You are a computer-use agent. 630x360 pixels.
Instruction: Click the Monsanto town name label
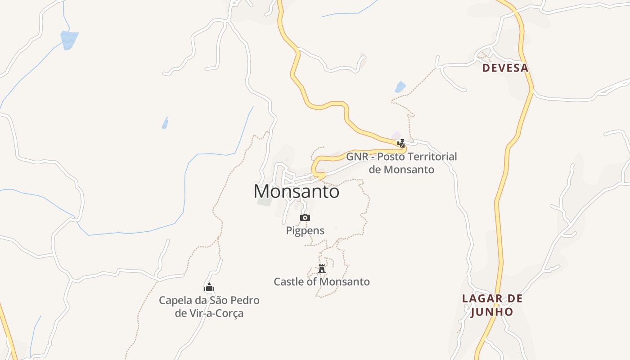pos(296,192)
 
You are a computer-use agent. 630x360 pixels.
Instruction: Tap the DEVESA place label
pos(505,68)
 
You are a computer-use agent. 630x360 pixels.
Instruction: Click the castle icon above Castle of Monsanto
pos(322,269)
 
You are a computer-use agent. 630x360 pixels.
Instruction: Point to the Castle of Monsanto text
pos(322,282)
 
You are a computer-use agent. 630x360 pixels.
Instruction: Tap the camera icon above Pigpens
pos(305,218)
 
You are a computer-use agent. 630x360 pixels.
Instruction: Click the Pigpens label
pos(305,231)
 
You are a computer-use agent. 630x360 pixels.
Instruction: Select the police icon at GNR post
pos(401,144)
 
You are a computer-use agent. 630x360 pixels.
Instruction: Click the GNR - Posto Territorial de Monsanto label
pos(401,163)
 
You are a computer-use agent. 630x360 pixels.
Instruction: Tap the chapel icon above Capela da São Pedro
pos(209,288)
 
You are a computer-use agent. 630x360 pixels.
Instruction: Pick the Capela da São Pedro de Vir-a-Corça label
pos(209,306)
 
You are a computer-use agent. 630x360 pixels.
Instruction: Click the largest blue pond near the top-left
pos(69,40)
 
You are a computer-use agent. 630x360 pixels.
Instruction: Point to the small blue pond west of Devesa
pos(400,87)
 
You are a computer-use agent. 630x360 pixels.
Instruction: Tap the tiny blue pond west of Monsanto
pos(165,123)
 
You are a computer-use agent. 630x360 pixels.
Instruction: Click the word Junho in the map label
pos(492,312)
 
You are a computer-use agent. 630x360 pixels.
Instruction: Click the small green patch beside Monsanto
pos(265,201)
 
